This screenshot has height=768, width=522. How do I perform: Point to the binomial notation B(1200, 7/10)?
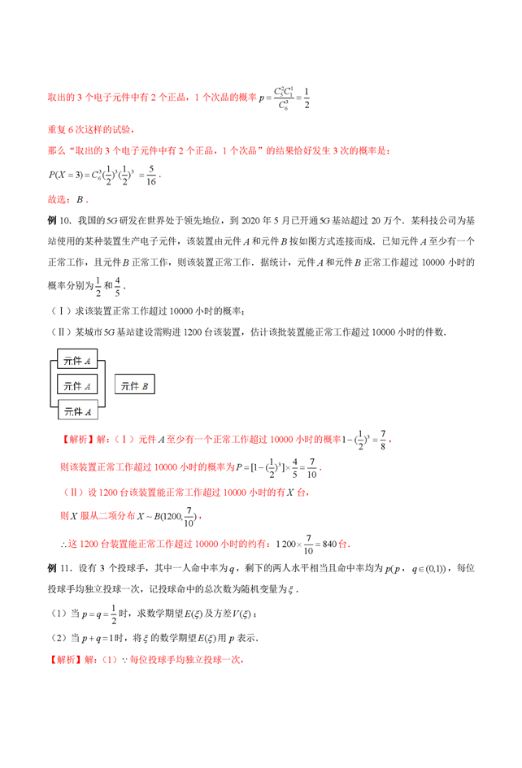coord(169,514)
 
